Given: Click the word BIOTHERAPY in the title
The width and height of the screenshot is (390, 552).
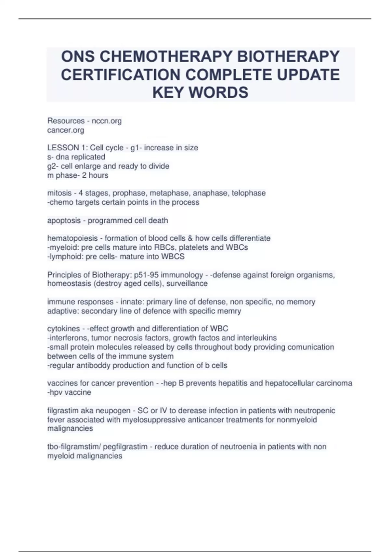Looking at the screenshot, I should (x=288, y=56).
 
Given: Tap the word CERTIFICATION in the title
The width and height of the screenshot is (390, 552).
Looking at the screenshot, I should (x=121, y=75).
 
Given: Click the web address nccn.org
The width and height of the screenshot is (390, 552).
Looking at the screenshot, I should (x=107, y=121).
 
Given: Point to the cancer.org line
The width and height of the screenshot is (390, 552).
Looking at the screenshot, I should (x=66, y=130).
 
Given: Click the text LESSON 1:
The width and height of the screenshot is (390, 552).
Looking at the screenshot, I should (x=67, y=148).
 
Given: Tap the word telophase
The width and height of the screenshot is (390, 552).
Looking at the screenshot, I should (x=249, y=193).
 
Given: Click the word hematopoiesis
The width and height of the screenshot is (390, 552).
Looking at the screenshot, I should (x=72, y=238).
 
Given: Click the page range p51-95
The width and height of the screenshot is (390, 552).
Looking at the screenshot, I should (x=146, y=275).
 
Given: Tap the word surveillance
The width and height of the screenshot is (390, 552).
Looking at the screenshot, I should (x=187, y=283).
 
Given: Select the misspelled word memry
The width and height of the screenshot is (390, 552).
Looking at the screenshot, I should (x=229, y=311).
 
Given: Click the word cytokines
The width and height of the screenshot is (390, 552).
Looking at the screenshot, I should (x=63, y=329).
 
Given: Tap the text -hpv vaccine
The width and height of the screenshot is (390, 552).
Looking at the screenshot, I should (x=69, y=392).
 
